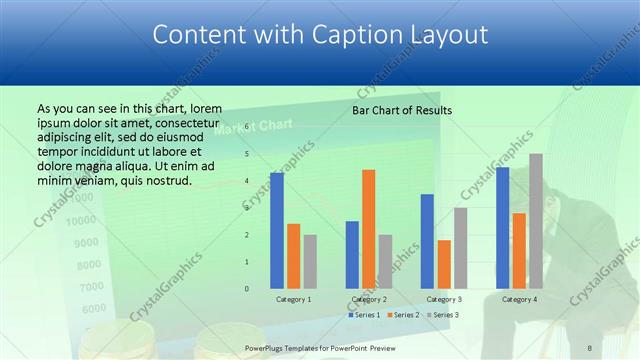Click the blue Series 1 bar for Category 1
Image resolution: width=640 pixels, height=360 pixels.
(277, 230)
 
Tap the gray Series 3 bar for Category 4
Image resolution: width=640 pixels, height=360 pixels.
(536, 221)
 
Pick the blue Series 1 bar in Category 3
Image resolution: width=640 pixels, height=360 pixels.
(427, 241)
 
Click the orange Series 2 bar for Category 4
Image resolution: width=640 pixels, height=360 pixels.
(519, 250)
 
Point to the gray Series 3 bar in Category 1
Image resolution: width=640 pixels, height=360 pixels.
(310, 261)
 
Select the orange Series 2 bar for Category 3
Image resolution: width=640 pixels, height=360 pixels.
(444, 264)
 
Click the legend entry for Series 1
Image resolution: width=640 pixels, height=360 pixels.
(365, 315)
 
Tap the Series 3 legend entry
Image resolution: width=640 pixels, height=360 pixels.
(442, 315)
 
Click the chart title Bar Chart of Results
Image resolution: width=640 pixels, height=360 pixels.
(402, 110)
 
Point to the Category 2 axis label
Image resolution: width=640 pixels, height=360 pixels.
(369, 299)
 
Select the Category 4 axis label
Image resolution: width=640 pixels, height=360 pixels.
(519, 299)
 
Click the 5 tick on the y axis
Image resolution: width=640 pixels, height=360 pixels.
(248, 154)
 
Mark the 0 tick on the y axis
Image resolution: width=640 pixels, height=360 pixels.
(248, 289)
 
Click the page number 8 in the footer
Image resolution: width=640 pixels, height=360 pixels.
(590, 348)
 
